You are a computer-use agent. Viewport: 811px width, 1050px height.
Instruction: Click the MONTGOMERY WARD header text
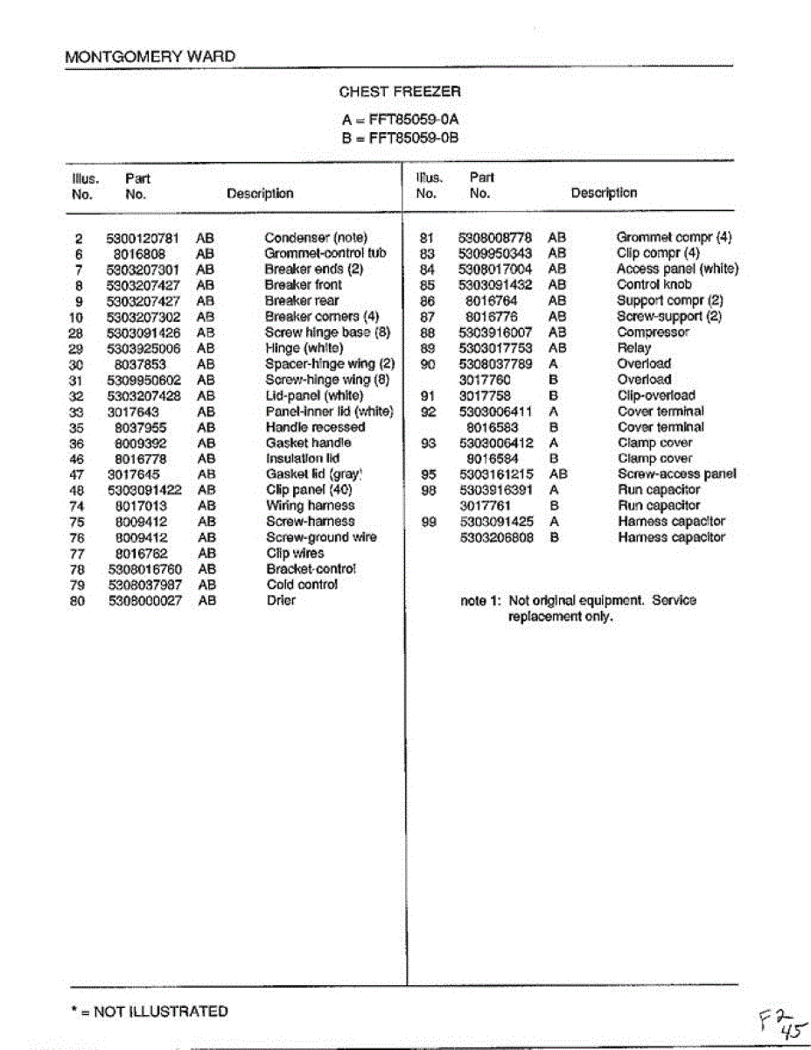[150, 57]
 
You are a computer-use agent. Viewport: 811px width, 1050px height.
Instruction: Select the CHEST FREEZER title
[400, 91]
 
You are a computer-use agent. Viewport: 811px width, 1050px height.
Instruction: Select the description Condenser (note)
[316, 238]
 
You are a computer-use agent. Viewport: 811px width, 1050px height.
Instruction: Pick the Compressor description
[653, 332]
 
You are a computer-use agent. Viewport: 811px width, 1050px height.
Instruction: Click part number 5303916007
[495, 332]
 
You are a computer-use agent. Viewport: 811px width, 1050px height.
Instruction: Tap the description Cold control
[302, 584]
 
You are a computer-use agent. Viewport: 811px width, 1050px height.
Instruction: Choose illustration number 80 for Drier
[77, 600]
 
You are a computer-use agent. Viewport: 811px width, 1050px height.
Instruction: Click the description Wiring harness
[311, 506]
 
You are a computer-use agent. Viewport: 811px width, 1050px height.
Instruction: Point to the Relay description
[633, 348]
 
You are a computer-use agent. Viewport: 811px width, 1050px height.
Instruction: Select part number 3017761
[486, 506]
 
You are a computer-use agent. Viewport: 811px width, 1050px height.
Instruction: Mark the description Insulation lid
[303, 458]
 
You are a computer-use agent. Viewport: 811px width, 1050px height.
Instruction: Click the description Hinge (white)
[304, 348]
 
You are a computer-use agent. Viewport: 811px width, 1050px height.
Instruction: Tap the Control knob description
[654, 285]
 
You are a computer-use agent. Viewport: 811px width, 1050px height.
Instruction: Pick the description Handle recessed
[315, 427]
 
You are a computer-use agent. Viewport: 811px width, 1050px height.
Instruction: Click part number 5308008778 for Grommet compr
[495, 238]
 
